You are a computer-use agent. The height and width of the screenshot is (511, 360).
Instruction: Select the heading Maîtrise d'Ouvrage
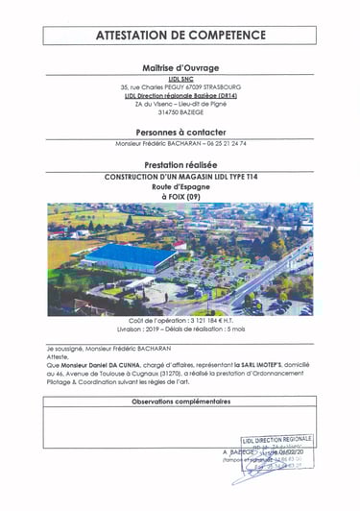coord(180,68)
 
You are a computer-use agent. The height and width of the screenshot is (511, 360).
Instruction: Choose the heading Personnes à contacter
coord(180,129)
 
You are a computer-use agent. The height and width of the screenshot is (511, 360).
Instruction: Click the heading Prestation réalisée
coord(180,164)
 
